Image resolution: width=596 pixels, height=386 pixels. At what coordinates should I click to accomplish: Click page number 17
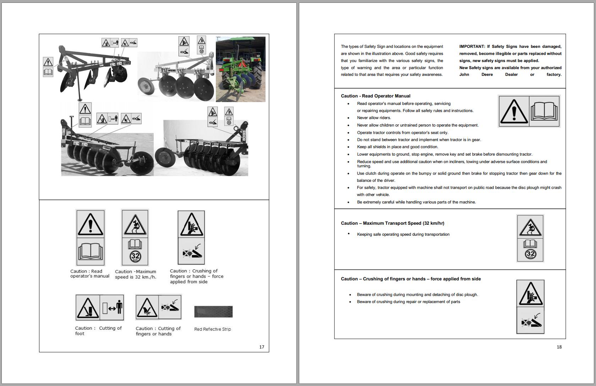262,347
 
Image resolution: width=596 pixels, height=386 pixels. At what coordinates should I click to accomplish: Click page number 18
559,347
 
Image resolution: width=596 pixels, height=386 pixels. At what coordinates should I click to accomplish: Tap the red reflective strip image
213,312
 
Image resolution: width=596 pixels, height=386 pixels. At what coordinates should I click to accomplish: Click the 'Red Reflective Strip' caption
212,329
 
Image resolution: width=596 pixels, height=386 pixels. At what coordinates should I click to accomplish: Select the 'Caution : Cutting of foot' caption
98,331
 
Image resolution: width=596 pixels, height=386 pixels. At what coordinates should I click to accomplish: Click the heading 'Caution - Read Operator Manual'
375,96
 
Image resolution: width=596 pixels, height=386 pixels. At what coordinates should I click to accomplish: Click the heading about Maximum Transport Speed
392,223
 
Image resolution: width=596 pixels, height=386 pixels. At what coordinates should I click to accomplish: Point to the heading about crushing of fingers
411,279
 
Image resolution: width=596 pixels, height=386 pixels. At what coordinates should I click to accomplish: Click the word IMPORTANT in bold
472,46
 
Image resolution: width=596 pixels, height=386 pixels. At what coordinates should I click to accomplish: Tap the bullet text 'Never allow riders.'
374,118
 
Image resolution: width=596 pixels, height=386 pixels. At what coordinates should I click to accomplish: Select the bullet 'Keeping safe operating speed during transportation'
403,234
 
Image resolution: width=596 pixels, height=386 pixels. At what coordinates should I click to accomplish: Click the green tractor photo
240,69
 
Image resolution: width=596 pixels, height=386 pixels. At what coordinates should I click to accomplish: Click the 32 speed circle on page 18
530,254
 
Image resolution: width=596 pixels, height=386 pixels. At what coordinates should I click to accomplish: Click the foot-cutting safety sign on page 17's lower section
99,307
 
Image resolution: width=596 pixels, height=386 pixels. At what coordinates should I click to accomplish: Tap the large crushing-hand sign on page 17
191,237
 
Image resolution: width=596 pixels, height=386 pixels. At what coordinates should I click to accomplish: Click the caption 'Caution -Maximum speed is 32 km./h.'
135,274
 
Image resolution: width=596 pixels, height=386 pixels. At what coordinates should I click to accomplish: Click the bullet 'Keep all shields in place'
397,147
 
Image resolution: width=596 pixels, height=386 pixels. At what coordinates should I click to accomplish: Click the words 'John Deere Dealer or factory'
510,75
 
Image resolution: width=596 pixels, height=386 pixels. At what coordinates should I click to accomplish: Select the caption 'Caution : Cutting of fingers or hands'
158,331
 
